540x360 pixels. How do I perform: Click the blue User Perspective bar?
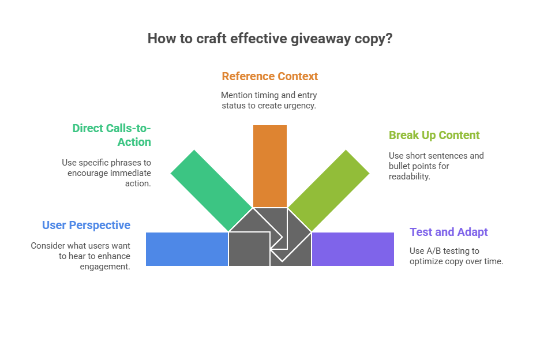(x=186, y=249)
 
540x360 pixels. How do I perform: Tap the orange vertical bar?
(x=270, y=166)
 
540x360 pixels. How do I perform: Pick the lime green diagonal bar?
(x=329, y=190)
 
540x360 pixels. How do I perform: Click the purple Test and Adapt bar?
(x=352, y=249)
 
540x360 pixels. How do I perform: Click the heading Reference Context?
(x=270, y=76)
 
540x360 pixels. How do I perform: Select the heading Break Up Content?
(x=434, y=136)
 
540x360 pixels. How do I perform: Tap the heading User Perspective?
(x=86, y=225)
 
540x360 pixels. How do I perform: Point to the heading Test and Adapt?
(x=448, y=232)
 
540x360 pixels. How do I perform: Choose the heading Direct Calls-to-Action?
(x=111, y=135)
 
